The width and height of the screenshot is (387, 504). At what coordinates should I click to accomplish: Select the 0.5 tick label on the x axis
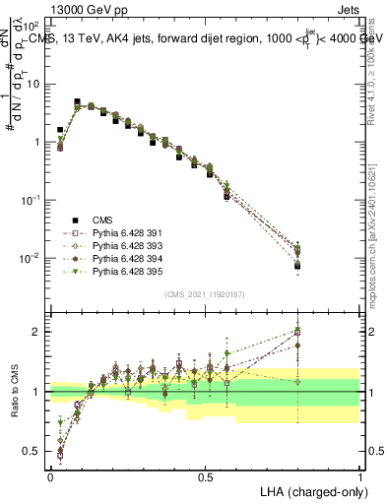pyautogui.click(x=205, y=476)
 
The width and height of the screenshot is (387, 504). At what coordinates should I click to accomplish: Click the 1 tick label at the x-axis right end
pyautogui.click(x=360, y=476)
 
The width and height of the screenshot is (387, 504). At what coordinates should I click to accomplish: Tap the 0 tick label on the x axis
pyautogui.click(x=50, y=476)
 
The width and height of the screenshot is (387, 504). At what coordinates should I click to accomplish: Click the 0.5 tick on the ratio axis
pyautogui.click(x=33, y=453)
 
